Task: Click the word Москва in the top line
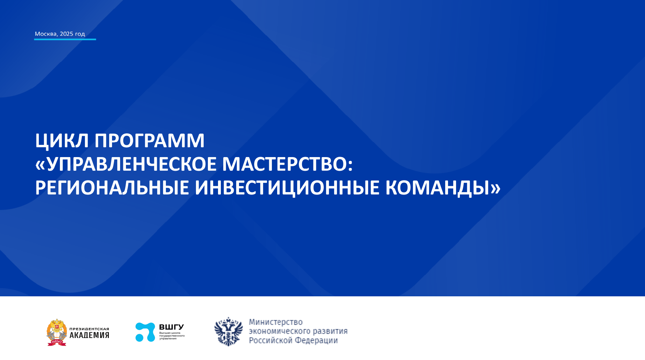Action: pyautogui.click(x=45, y=34)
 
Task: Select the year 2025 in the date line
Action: pyautogui.click(x=66, y=34)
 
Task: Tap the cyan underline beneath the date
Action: pyautogui.click(x=65, y=40)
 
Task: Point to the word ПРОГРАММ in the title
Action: pyautogui.click(x=149, y=141)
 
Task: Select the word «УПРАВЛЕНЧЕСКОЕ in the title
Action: pyautogui.click(x=126, y=164)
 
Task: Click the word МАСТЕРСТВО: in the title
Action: pyautogui.click(x=287, y=164)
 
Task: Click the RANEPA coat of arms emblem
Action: pyautogui.click(x=57, y=332)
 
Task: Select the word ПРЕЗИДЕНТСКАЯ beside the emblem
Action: pyautogui.click(x=89, y=329)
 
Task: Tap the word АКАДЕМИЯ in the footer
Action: pyautogui.click(x=89, y=335)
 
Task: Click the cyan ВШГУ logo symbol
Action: pyautogui.click(x=145, y=332)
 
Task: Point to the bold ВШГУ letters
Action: pyautogui.click(x=171, y=327)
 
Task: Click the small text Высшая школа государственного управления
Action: pyautogui.click(x=171, y=336)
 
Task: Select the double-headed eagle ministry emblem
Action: pyautogui.click(x=229, y=331)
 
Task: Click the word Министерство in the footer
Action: pyautogui.click(x=276, y=322)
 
